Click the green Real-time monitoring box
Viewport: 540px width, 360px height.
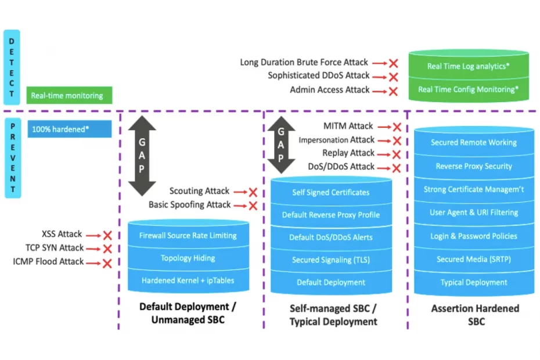click(69, 95)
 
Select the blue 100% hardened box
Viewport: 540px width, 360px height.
click(69, 129)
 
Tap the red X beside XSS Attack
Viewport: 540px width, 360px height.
click(107, 235)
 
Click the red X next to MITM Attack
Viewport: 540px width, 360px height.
click(397, 127)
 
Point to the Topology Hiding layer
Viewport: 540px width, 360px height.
click(189, 258)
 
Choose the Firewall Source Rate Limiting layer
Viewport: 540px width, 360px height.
click(189, 236)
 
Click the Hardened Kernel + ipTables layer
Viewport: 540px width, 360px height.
click(189, 281)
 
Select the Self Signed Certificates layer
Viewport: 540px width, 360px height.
click(331, 193)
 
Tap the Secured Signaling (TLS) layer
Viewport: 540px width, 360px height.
click(331, 260)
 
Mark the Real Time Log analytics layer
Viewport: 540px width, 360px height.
click(469, 66)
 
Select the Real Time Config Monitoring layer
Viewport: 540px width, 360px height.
click(469, 89)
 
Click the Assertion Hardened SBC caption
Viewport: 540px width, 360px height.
click(475, 315)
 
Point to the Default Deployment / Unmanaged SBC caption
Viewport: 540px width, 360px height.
click(188, 312)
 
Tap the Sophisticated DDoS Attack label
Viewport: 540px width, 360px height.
click(319, 75)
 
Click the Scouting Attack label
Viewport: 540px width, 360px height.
click(199, 191)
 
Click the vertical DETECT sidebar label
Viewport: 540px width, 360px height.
click(12, 67)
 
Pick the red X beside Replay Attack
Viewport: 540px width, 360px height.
click(397, 154)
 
